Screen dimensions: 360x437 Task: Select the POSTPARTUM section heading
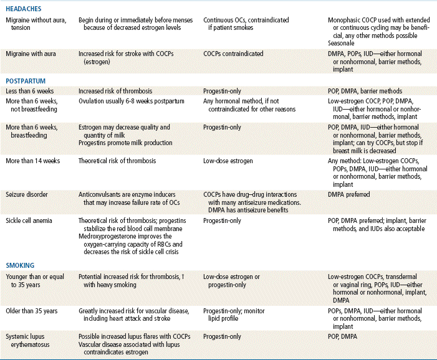click(x=26, y=81)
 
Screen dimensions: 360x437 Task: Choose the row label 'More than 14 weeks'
click(x=35, y=161)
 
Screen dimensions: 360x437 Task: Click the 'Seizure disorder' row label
click(x=27, y=194)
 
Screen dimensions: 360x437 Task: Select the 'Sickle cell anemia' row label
click(x=30, y=220)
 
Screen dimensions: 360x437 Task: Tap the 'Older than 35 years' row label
click(x=34, y=310)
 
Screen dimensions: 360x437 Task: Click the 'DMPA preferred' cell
click(x=349, y=194)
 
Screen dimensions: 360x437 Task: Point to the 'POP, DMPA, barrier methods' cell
click(x=365, y=91)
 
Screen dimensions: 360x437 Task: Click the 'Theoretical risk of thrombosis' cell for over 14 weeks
click(x=117, y=161)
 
